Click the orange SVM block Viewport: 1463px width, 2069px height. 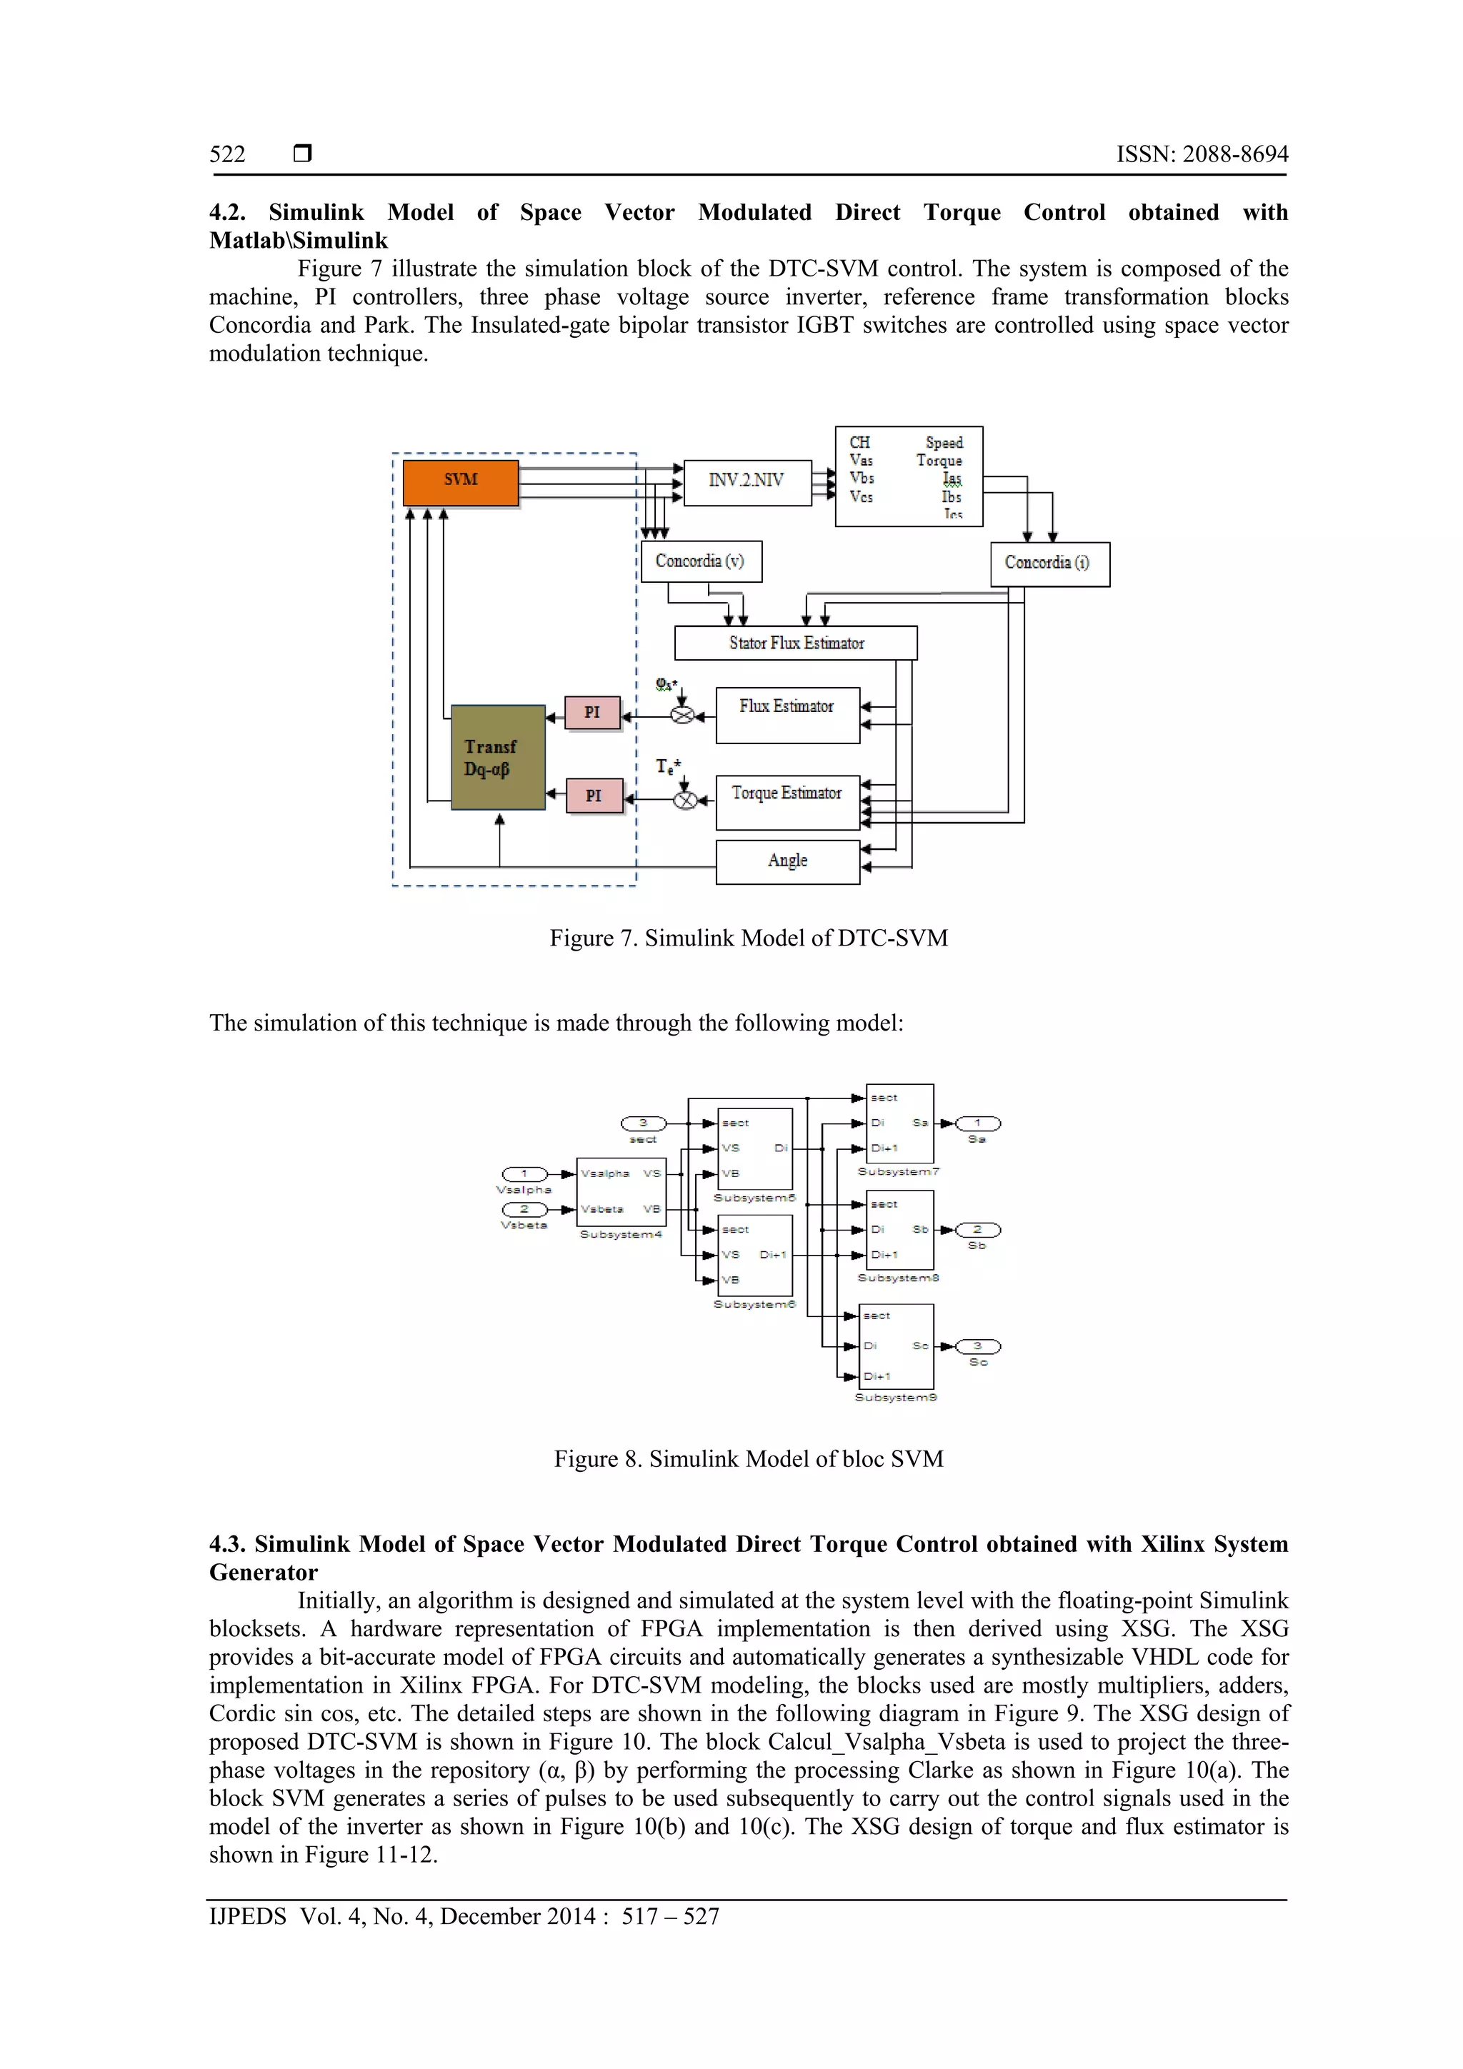pos(460,482)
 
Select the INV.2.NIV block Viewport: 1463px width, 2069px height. pos(747,481)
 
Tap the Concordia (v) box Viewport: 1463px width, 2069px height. pos(700,561)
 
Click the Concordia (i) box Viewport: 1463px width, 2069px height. pos(1049,563)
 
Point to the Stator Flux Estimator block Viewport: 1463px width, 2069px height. pos(795,643)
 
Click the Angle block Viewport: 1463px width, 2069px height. pos(787,861)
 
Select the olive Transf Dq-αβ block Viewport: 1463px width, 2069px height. pos(498,757)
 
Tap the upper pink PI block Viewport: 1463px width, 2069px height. pos(592,713)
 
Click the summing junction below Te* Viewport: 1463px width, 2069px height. pos(685,799)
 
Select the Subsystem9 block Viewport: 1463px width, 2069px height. pos(896,1346)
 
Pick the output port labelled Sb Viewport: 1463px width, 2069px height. pos(977,1230)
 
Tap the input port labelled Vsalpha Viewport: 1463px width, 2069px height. pos(524,1173)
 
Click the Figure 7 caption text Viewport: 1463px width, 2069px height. pos(748,938)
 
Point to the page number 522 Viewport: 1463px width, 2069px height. pos(227,154)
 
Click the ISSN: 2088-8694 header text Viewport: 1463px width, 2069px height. pos(1202,154)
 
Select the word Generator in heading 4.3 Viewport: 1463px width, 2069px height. pos(263,1573)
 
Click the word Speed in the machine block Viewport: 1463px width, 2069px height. pos(944,443)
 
